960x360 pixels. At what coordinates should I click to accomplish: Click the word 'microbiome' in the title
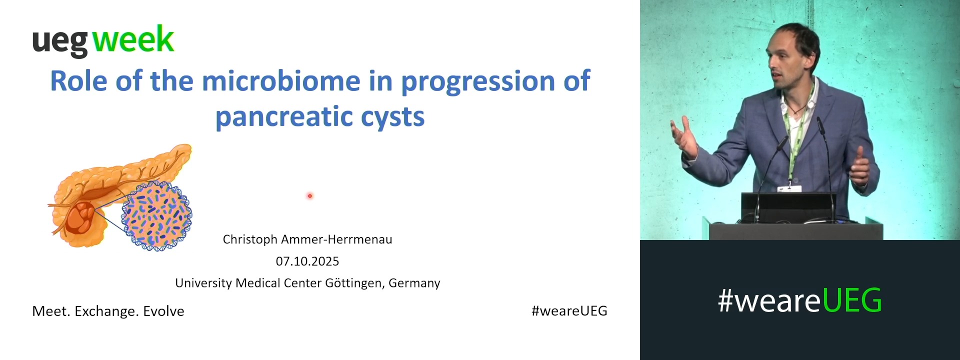point(281,81)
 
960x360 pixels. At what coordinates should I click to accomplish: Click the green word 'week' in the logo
point(133,39)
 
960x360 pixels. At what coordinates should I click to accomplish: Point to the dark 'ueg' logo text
point(60,42)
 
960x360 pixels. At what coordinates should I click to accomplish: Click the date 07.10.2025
point(307,261)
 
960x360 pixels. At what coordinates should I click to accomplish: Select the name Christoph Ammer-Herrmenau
point(307,239)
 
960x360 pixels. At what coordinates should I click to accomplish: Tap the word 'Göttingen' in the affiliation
point(354,283)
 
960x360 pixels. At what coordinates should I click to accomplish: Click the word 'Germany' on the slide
point(414,283)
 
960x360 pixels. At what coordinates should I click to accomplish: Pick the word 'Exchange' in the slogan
point(106,311)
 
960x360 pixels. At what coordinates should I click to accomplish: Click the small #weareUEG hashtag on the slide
point(569,311)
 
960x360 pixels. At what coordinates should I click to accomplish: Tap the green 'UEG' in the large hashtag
point(851,300)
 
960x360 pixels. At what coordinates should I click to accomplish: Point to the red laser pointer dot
point(310,196)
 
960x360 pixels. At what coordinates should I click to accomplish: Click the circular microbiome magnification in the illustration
point(156,216)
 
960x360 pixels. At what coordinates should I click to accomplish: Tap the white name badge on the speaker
point(789,189)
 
